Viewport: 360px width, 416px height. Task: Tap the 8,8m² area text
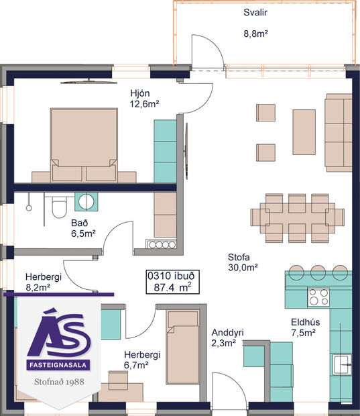point(255,32)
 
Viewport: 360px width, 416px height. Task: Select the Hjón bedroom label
point(143,92)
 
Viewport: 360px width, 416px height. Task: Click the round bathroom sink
point(86,201)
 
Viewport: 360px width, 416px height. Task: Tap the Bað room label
point(79,223)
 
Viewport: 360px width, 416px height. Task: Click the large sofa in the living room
point(339,132)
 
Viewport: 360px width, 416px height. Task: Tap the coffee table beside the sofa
point(304,132)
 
